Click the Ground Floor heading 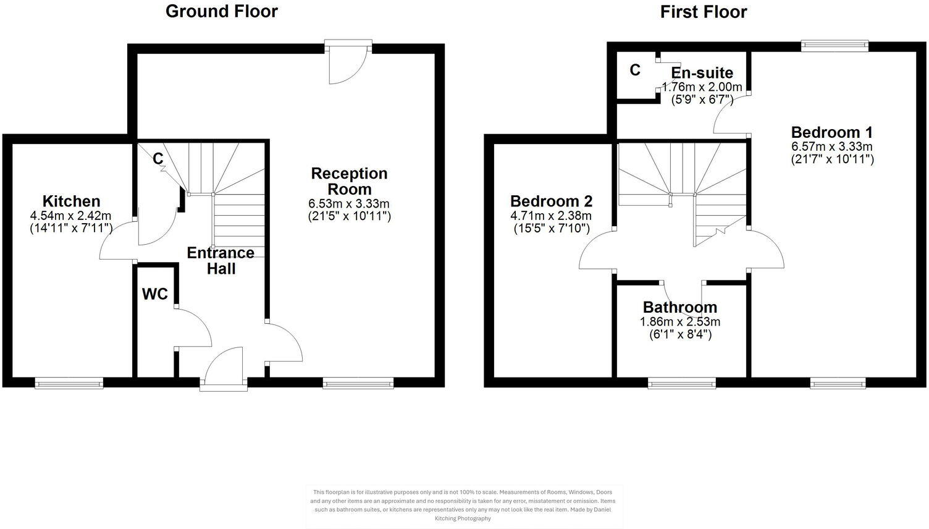click(x=221, y=11)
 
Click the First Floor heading click(x=703, y=12)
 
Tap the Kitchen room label click(x=71, y=201)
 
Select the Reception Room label click(x=349, y=181)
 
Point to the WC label click(x=155, y=294)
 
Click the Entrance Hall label click(x=221, y=260)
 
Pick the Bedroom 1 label click(x=831, y=132)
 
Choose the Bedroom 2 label click(x=551, y=201)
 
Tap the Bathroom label click(x=679, y=307)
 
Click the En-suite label click(x=702, y=74)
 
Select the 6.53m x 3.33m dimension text click(x=349, y=203)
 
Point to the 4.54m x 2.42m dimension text click(x=71, y=216)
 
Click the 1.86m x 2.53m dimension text click(x=679, y=321)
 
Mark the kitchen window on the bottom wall click(x=69, y=384)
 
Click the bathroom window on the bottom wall click(x=681, y=384)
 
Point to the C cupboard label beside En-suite click(x=635, y=70)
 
